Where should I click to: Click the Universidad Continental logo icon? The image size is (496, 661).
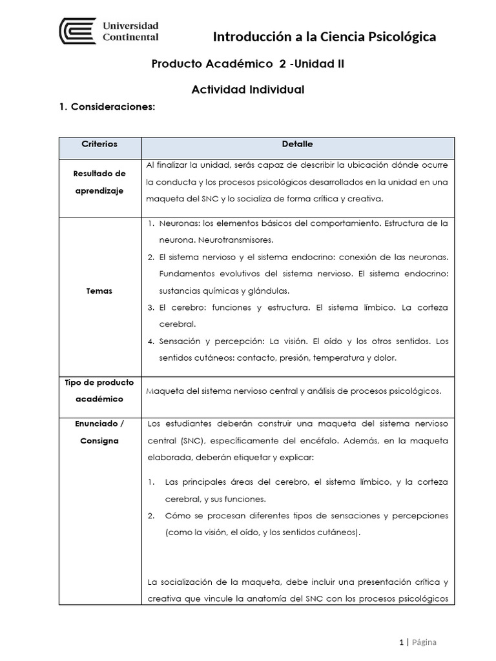click(x=77, y=32)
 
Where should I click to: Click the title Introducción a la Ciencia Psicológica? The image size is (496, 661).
click(x=324, y=37)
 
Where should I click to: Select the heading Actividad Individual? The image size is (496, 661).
click(x=247, y=89)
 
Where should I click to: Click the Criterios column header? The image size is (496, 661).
click(x=99, y=145)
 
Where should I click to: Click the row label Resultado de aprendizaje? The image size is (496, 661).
click(x=99, y=183)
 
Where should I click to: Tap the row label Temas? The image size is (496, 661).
click(x=99, y=291)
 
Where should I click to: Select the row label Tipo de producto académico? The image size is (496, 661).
click(x=99, y=391)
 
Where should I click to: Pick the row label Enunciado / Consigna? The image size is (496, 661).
click(x=99, y=432)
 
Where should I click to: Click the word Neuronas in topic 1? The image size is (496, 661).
click(x=178, y=223)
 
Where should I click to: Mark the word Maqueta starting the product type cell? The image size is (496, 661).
click(x=165, y=391)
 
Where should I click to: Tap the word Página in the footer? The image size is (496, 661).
click(x=424, y=642)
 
